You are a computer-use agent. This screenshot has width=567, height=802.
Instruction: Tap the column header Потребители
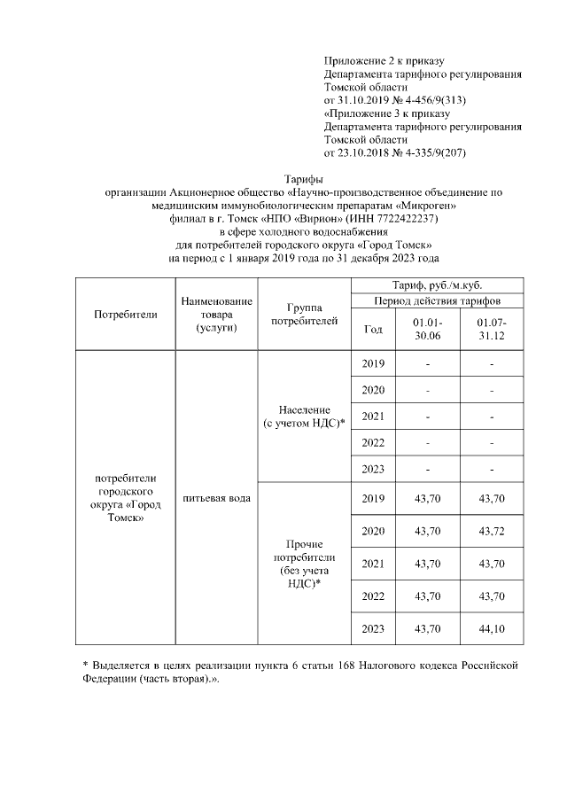pyautogui.click(x=125, y=314)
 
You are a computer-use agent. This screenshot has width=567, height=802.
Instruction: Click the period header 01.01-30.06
pyautogui.click(x=427, y=329)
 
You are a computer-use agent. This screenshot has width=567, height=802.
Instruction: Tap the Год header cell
pyautogui.click(x=373, y=329)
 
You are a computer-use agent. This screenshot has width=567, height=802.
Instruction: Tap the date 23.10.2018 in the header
pyautogui.click(x=367, y=152)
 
